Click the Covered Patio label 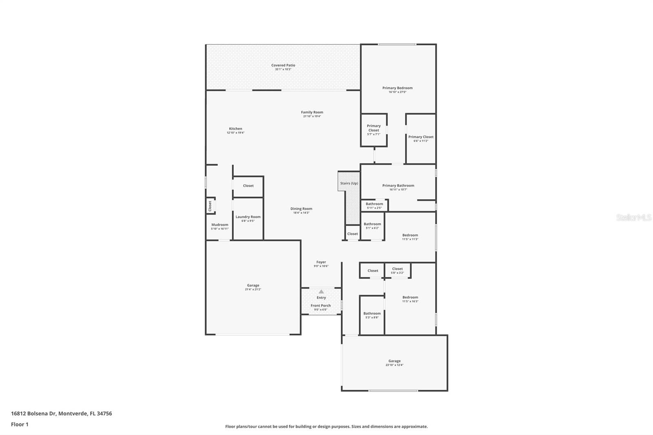click(283, 65)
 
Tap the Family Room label click(312, 112)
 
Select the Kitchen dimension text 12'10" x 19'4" click(235, 133)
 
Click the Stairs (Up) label click(349, 183)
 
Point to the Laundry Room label click(248, 217)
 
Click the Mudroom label click(220, 225)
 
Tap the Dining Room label click(301, 209)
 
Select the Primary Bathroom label click(398, 186)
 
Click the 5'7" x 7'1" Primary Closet click(373, 130)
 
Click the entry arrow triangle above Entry click(321, 291)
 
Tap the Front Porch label click(321, 306)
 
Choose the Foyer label click(321, 262)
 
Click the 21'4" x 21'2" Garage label click(253, 286)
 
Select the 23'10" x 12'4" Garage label click(394, 361)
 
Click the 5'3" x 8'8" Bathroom click(372, 313)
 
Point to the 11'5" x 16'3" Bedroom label click(410, 297)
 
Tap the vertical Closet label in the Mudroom click(210, 206)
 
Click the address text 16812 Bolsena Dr click(33, 413)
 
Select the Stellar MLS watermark click(633, 218)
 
